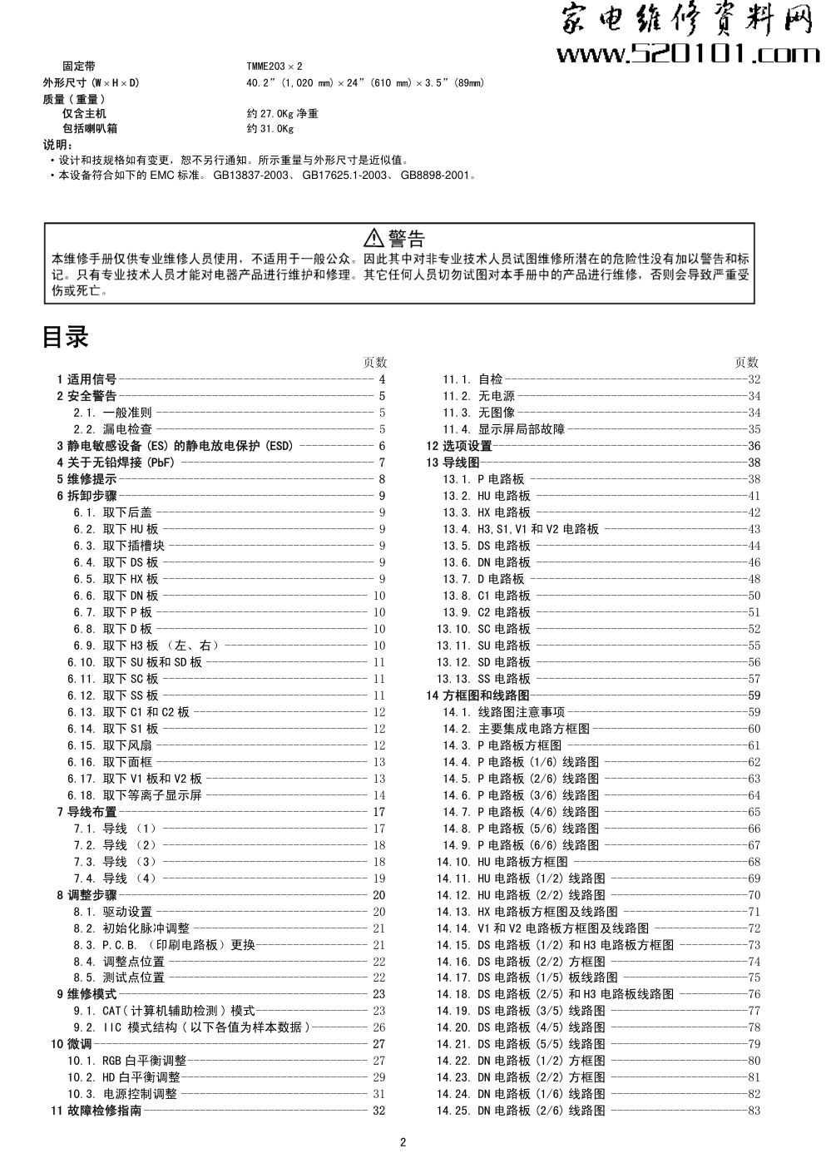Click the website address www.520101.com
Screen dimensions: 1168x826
point(686,55)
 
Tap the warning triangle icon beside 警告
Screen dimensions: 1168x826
point(374,238)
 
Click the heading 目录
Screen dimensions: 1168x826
point(65,338)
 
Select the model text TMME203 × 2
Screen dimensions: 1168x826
point(274,66)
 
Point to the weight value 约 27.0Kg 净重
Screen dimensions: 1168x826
point(282,113)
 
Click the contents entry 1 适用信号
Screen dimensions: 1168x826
point(87,379)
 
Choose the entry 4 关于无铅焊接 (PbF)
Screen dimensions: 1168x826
point(116,463)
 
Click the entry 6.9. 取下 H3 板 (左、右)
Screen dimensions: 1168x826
point(146,646)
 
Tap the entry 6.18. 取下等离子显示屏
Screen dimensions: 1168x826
point(135,795)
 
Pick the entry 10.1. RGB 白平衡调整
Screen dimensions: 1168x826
point(126,1061)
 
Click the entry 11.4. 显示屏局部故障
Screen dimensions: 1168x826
point(503,429)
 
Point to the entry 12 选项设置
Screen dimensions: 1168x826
point(459,446)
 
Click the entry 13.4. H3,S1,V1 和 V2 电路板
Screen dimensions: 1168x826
point(520,529)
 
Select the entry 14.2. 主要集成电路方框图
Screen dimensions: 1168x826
point(516,729)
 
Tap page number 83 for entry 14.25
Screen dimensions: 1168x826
point(754,1111)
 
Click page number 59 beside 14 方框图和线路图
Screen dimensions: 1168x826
point(754,695)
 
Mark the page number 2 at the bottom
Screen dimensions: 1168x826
point(403,1142)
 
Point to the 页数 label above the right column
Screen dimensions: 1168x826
point(746,363)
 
